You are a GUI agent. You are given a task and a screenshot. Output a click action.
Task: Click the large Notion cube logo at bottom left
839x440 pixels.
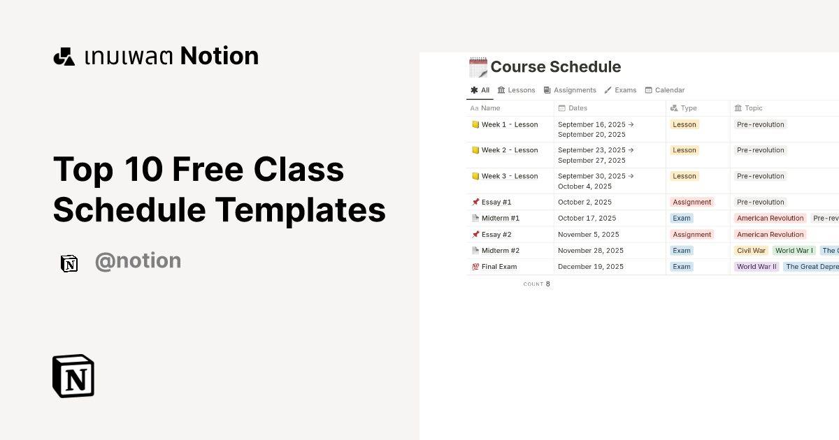(x=73, y=376)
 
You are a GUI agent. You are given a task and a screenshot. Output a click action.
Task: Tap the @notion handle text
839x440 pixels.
(x=138, y=261)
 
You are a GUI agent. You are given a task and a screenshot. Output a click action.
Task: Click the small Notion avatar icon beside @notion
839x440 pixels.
(x=69, y=263)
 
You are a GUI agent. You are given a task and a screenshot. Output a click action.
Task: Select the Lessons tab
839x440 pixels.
(x=516, y=90)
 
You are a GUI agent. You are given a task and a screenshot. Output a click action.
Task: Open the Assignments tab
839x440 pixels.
(x=570, y=90)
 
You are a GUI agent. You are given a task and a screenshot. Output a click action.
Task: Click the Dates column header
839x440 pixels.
(x=578, y=108)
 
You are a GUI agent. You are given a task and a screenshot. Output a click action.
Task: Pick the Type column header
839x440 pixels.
(x=688, y=108)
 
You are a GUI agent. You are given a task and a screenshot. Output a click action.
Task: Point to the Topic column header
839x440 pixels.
(x=753, y=108)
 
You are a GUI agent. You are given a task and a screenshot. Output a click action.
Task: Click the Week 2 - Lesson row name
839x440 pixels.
(x=510, y=150)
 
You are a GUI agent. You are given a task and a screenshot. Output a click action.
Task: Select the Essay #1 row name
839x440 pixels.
(x=496, y=203)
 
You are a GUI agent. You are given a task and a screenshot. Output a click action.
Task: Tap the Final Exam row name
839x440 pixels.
(x=499, y=267)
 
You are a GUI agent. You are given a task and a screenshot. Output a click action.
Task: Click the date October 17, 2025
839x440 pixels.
(x=587, y=219)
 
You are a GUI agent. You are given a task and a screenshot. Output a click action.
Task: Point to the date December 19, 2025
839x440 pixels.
(x=591, y=267)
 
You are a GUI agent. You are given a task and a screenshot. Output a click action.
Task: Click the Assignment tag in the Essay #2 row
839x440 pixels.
(x=692, y=235)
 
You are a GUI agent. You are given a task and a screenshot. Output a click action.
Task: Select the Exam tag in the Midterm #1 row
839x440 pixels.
(x=682, y=219)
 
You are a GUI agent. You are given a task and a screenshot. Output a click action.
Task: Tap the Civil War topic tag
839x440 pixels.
(x=752, y=251)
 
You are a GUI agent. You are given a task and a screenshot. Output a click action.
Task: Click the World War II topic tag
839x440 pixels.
(x=756, y=267)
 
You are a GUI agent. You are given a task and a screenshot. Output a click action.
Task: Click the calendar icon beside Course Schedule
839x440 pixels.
(x=478, y=68)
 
